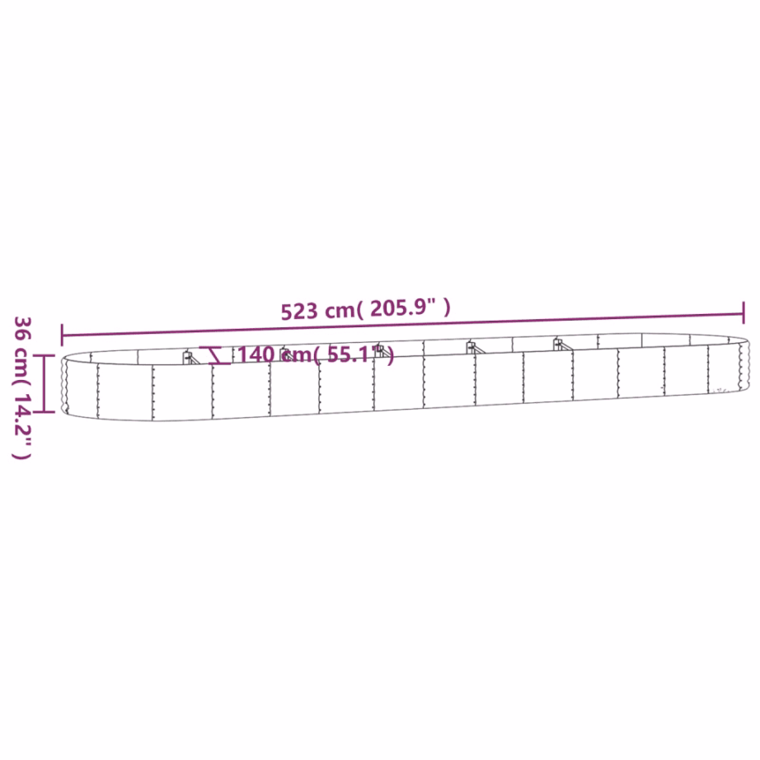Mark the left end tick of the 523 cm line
(62, 335)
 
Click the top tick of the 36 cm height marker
(46, 355)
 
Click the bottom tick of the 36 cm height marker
(46, 412)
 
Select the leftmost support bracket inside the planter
(189, 357)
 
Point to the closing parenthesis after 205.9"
(447, 309)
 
